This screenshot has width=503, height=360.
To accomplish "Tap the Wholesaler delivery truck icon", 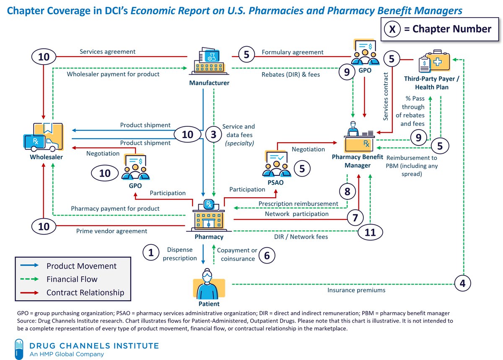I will (x=43, y=137).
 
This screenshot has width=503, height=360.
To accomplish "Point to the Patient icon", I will (x=208, y=283).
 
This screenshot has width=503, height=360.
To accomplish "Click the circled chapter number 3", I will (x=213, y=134).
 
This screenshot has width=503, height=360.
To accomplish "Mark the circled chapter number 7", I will (x=355, y=217).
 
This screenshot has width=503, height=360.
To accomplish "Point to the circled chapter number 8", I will (x=347, y=193).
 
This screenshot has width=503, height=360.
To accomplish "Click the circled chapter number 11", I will (x=370, y=232).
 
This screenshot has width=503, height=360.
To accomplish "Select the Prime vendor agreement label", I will (x=111, y=231).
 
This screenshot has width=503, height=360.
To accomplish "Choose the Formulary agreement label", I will (x=293, y=52).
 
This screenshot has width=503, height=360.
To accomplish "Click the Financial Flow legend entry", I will (x=72, y=279).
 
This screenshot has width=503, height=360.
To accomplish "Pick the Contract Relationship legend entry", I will (x=85, y=292).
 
